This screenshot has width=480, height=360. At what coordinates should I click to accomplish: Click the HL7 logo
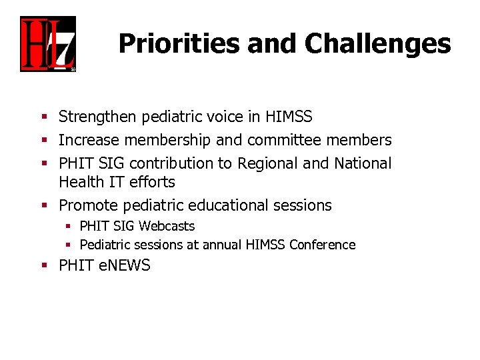47,44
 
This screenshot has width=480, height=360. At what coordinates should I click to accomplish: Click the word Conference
322,245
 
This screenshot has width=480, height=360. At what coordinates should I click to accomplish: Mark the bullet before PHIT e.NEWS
43,265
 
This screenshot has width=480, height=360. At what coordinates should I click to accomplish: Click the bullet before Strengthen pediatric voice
43,117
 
